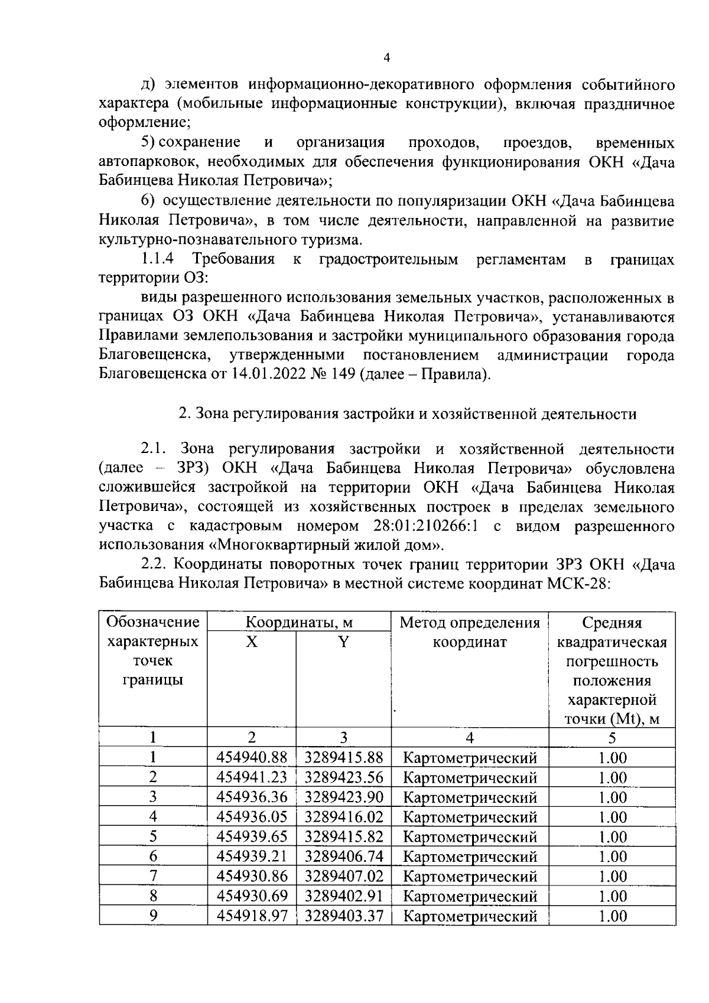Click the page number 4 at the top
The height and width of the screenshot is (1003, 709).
click(386, 58)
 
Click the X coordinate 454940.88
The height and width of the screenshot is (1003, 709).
click(252, 757)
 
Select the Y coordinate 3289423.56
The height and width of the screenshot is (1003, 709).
click(344, 777)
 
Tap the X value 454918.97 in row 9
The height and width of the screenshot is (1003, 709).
click(252, 916)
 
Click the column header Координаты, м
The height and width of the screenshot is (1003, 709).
click(299, 623)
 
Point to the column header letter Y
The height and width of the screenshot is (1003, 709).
click(343, 641)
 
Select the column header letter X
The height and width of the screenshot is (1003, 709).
click(252, 641)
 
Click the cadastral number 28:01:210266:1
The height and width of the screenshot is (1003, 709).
click(425, 526)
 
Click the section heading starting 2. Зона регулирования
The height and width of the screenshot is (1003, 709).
click(408, 413)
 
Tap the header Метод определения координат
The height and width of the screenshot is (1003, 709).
click(470, 632)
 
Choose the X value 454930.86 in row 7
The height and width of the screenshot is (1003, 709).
click(252, 876)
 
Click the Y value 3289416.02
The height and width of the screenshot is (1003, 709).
click(344, 817)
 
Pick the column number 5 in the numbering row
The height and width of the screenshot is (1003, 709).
click(612, 737)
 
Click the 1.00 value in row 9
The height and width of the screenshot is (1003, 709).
click(612, 916)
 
